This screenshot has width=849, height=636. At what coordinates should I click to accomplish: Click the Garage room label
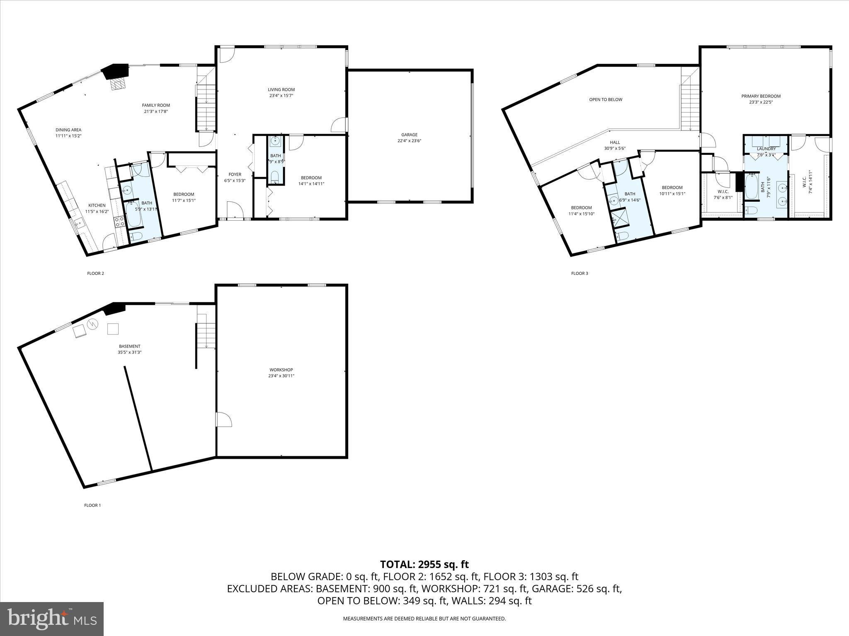pos(409,135)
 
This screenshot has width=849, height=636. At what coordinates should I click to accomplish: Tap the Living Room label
pos(281,89)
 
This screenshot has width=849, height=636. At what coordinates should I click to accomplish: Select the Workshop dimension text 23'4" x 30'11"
pos(281,376)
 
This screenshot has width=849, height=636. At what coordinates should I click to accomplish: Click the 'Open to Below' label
pos(606,99)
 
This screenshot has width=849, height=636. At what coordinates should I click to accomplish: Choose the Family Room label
pos(156,105)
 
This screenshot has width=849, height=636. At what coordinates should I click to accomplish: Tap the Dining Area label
pos(68,130)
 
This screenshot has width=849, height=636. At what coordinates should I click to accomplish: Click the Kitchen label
pos(97,205)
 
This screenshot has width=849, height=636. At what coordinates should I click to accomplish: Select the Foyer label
pos(235,174)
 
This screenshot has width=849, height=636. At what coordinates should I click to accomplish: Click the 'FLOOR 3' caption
pos(579,273)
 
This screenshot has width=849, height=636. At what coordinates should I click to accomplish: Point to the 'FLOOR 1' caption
pos(92,505)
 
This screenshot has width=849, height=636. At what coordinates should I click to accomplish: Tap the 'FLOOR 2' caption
pos(95,273)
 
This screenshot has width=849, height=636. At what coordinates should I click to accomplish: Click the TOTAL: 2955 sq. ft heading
pos(424,564)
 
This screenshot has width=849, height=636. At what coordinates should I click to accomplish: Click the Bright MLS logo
pos(52,619)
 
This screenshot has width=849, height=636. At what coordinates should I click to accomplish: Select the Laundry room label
pos(766,149)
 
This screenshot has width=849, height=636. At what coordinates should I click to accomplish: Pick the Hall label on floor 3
pos(615,142)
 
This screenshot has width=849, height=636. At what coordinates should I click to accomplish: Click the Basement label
pos(129,346)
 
